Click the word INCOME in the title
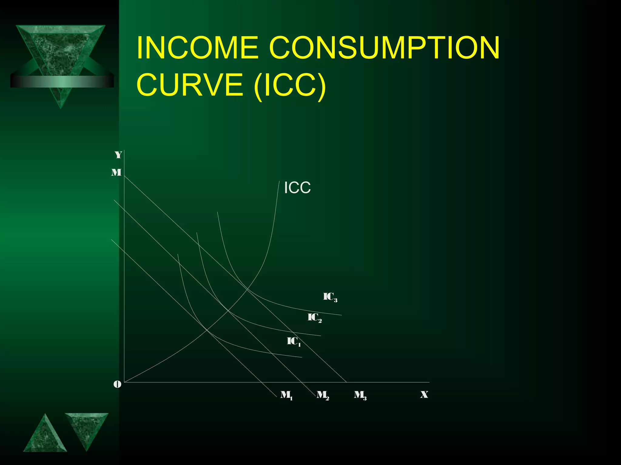point(197,48)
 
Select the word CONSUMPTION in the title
point(384,48)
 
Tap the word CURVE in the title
point(190,84)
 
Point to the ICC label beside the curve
point(297,188)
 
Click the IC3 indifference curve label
point(330,297)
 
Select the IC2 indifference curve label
point(314,318)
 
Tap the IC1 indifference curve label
point(294,341)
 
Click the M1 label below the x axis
point(286,395)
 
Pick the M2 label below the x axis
point(323,395)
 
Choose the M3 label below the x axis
point(360,395)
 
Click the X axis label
point(424,394)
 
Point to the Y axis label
point(118,155)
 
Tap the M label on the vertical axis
point(116,173)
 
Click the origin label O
point(117,384)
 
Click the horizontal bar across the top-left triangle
point(62,81)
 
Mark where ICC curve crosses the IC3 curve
point(247,289)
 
